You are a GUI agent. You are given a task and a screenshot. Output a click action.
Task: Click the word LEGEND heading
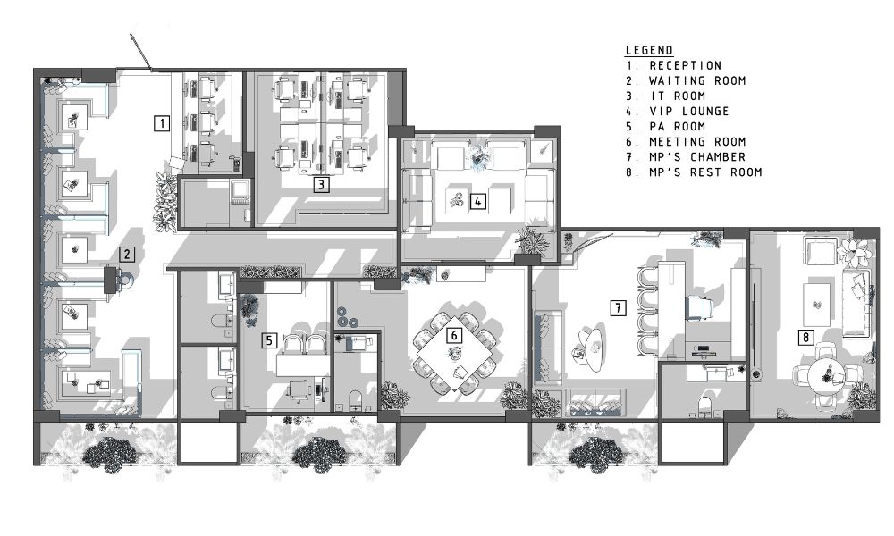(x=649, y=50)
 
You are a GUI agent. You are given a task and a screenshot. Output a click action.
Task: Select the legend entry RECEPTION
(x=686, y=65)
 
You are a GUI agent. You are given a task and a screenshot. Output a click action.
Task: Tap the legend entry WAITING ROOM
(x=697, y=81)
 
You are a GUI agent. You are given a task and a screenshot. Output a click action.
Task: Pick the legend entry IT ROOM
(x=678, y=96)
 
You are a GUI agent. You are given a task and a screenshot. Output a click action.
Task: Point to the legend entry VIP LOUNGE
(x=689, y=111)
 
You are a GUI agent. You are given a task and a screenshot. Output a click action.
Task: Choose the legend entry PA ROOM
(x=678, y=127)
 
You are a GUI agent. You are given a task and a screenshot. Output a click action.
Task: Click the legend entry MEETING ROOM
(x=697, y=142)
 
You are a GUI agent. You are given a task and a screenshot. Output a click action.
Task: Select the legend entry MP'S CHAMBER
(x=697, y=156)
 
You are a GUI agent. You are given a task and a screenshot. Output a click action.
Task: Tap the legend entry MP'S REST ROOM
(x=705, y=172)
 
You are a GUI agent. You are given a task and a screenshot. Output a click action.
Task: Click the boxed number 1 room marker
(x=163, y=123)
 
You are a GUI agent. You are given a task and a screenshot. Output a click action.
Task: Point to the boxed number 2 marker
(x=127, y=254)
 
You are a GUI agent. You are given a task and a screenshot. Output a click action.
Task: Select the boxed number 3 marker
(x=322, y=184)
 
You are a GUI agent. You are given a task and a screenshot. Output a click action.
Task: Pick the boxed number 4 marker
(x=478, y=200)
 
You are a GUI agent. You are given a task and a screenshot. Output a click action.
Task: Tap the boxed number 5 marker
(x=269, y=340)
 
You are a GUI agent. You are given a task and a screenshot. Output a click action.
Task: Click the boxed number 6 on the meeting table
(x=454, y=335)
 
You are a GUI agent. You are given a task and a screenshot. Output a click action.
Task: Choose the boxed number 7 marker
(x=618, y=308)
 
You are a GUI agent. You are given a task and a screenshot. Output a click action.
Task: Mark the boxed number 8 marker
(x=805, y=337)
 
